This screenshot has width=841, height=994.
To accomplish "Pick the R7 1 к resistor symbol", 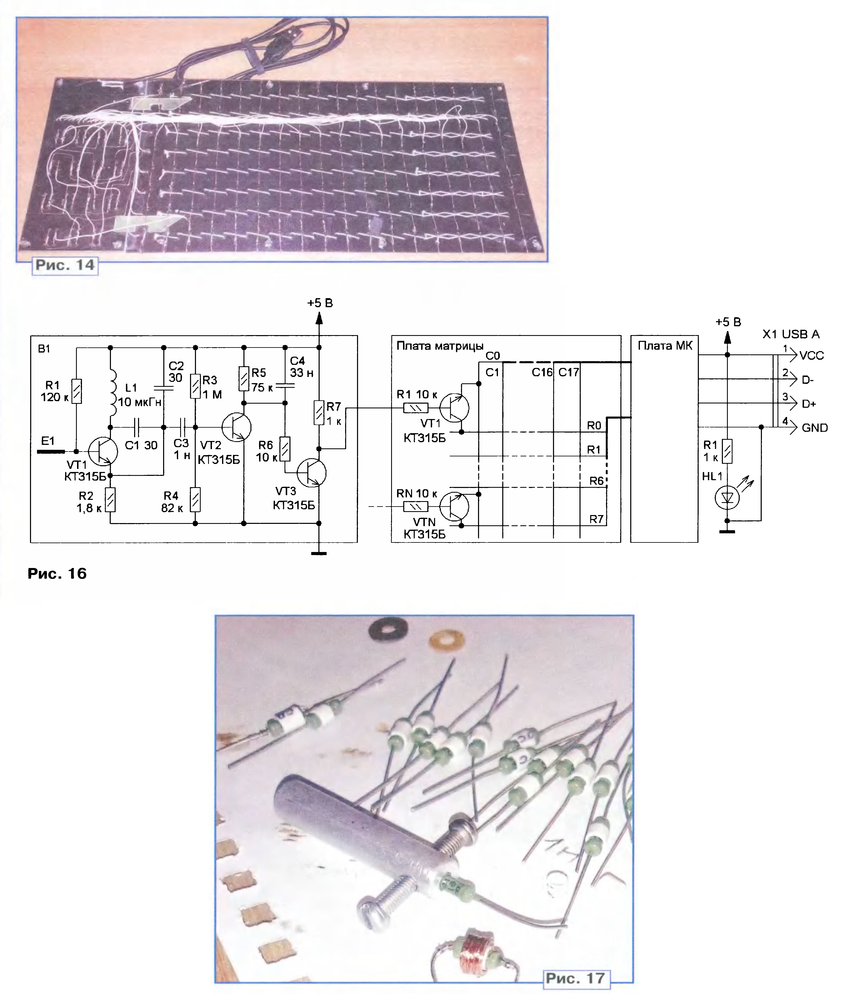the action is point(319,412).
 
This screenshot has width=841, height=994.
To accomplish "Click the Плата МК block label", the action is point(665,346).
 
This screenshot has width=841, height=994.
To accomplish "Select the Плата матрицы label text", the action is point(440,346).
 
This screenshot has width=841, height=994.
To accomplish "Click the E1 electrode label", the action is point(48,441).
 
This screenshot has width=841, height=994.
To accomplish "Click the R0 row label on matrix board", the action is point(593,425).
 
